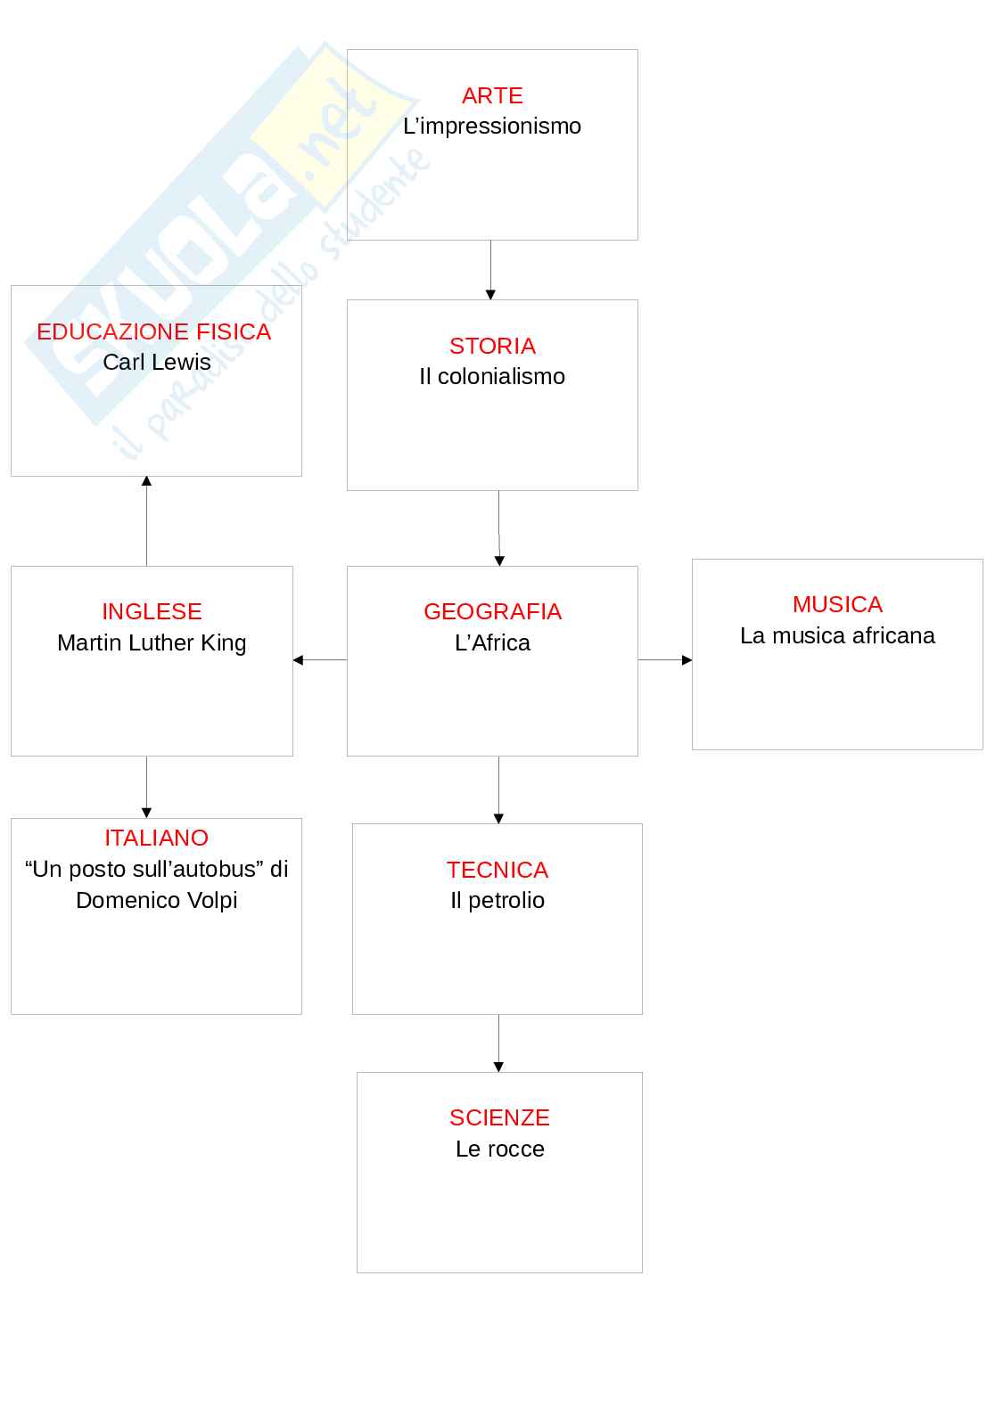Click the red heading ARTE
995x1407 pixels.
pos(492,95)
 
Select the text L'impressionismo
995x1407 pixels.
pos(492,127)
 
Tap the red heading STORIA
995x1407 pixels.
pos(492,346)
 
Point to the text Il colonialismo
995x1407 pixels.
pos(492,377)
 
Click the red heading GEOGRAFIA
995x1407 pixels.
pos(492,611)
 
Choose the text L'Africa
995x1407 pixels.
pos(492,642)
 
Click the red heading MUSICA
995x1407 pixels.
pos(837,604)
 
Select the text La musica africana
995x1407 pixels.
pos(837,635)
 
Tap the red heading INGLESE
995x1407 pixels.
pos(152,611)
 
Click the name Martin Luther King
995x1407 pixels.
pos(152,642)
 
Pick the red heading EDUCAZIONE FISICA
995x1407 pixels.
pos(153,331)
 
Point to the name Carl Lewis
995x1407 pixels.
pos(157,363)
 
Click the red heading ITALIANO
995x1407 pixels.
pos(156,838)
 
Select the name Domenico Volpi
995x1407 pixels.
pos(157,900)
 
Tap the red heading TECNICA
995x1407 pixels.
pos(497,870)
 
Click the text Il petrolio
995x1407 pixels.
pos(497,900)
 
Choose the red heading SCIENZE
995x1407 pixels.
pos(499,1117)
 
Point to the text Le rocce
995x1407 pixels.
pos(499,1149)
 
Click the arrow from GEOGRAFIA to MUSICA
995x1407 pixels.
pos(665,660)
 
